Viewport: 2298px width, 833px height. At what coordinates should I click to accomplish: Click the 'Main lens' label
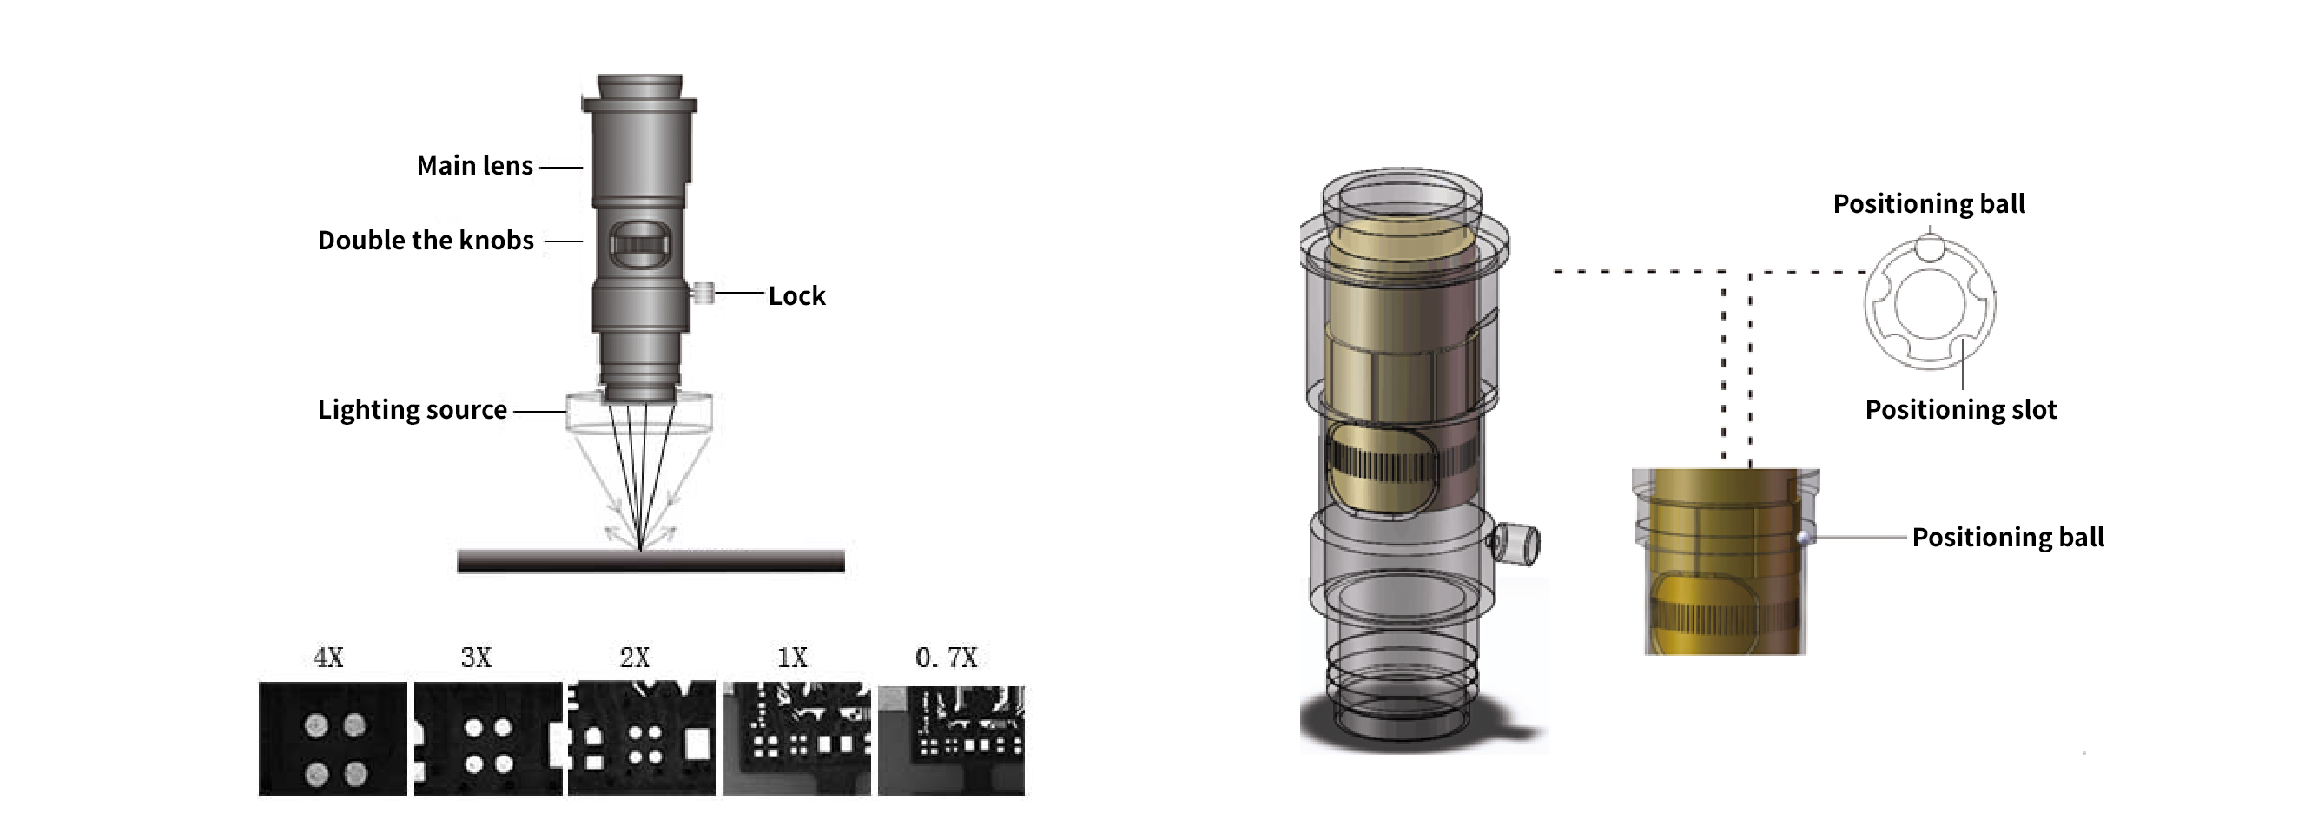point(474,166)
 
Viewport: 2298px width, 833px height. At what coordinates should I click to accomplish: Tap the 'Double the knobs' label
point(426,241)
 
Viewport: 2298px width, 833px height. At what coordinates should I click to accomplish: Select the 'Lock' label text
point(796,296)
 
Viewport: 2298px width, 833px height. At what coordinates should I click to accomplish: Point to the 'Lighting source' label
point(413,409)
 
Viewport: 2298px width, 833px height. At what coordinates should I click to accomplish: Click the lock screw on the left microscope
point(703,292)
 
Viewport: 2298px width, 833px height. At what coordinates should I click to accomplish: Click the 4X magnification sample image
point(333,738)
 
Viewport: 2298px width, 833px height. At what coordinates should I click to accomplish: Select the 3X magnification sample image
point(488,738)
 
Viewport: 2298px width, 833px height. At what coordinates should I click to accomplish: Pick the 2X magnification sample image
point(643,738)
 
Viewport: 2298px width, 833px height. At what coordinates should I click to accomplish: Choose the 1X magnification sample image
point(796,738)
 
